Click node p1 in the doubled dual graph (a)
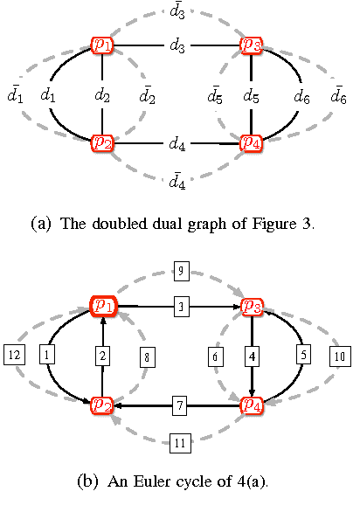pyautogui.click(x=103, y=45)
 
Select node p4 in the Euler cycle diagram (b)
pyautogui.click(x=252, y=405)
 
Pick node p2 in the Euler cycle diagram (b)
pyautogui.click(x=103, y=405)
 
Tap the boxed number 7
pyautogui.click(x=179, y=405)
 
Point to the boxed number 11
pyautogui.click(x=179, y=444)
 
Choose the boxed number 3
pyautogui.click(x=179, y=307)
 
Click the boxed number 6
pyautogui.click(x=214, y=356)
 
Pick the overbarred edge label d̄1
pyautogui.click(x=14, y=93)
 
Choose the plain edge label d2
pyautogui.click(x=103, y=94)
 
